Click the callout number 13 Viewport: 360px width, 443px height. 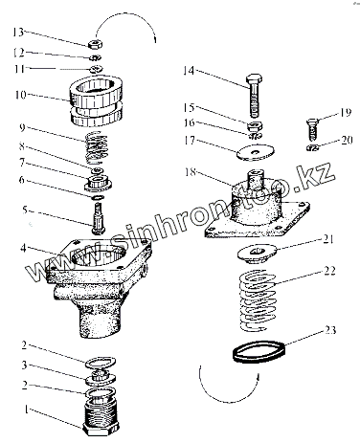[18, 32]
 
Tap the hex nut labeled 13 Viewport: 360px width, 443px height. [95, 44]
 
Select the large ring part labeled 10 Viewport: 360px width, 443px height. [96, 100]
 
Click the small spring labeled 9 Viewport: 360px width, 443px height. [97, 146]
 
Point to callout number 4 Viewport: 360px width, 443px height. [23, 248]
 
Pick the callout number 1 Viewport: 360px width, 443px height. [28, 410]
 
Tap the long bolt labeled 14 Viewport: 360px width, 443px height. [255, 96]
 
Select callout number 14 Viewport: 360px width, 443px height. [189, 71]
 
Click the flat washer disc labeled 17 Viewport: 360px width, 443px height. [256, 152]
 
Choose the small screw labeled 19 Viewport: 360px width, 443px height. [312, 130]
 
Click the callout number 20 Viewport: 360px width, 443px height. [347, 140]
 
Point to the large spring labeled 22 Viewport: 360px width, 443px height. [258, 299]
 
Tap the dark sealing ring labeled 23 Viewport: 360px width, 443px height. [259, 352]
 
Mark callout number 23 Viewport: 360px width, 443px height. [330, 330]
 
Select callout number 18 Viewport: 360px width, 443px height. [191, 172]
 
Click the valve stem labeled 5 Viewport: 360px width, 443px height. [97, 218]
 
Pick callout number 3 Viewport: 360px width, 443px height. [24, 365]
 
